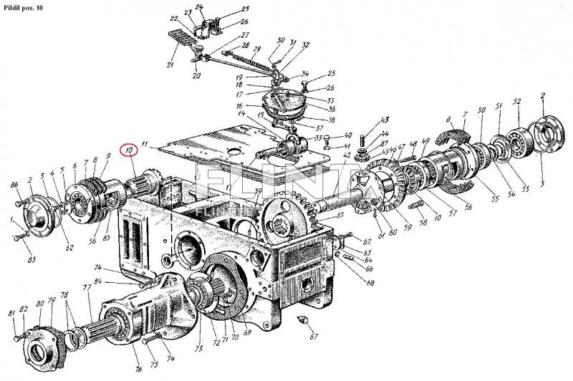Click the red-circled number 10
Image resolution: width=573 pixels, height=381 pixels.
[x=129, y=152]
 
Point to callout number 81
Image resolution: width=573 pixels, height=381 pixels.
[x=11, y=314]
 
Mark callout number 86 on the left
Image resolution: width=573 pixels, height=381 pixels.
[x=14, y=185]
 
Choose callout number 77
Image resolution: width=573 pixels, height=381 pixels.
[x=86, y=287]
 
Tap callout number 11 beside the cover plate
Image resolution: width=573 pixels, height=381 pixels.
[x=144, y=145]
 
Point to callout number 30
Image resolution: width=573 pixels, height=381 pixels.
[x=281, y=40]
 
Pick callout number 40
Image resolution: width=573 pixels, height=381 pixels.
[x=348, y=135]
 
